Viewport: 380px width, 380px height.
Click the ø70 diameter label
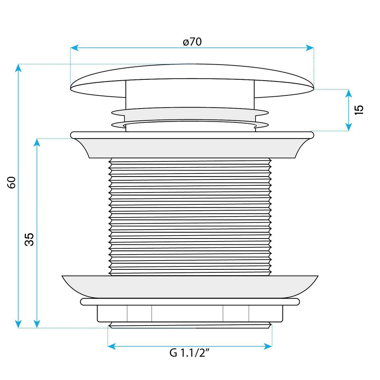click(192, 42)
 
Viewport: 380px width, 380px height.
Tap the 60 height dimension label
click(12, 182)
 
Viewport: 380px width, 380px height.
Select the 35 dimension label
click(29, 239)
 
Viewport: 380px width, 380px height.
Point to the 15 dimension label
click(359, 110)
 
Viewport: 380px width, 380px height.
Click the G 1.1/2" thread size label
click(189, 353)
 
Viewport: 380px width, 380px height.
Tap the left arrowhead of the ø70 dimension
click(74, 48)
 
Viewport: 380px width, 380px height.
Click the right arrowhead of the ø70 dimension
click(310, 48)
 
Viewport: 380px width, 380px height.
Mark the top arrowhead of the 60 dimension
click(18, 68)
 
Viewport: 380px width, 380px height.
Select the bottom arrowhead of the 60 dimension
click(18, 324)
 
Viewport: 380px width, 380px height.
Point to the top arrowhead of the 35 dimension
click(37, 143)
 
